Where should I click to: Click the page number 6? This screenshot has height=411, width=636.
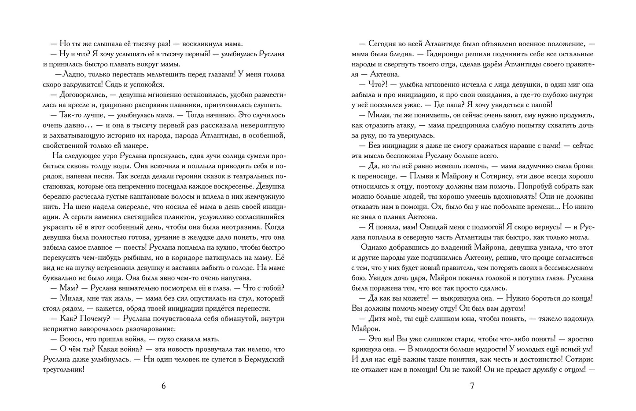point(164,386)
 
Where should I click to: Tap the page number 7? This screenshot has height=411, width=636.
point(472,386)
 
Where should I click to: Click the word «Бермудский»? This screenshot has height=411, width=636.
point(262,359)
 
